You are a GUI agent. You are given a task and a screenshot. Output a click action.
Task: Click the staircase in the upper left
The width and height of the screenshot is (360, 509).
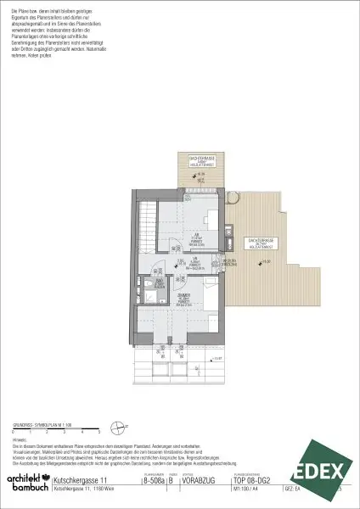click(x=147, y=216)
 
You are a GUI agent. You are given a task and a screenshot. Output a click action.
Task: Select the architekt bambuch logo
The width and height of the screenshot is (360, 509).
click(x=25, y=482)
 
